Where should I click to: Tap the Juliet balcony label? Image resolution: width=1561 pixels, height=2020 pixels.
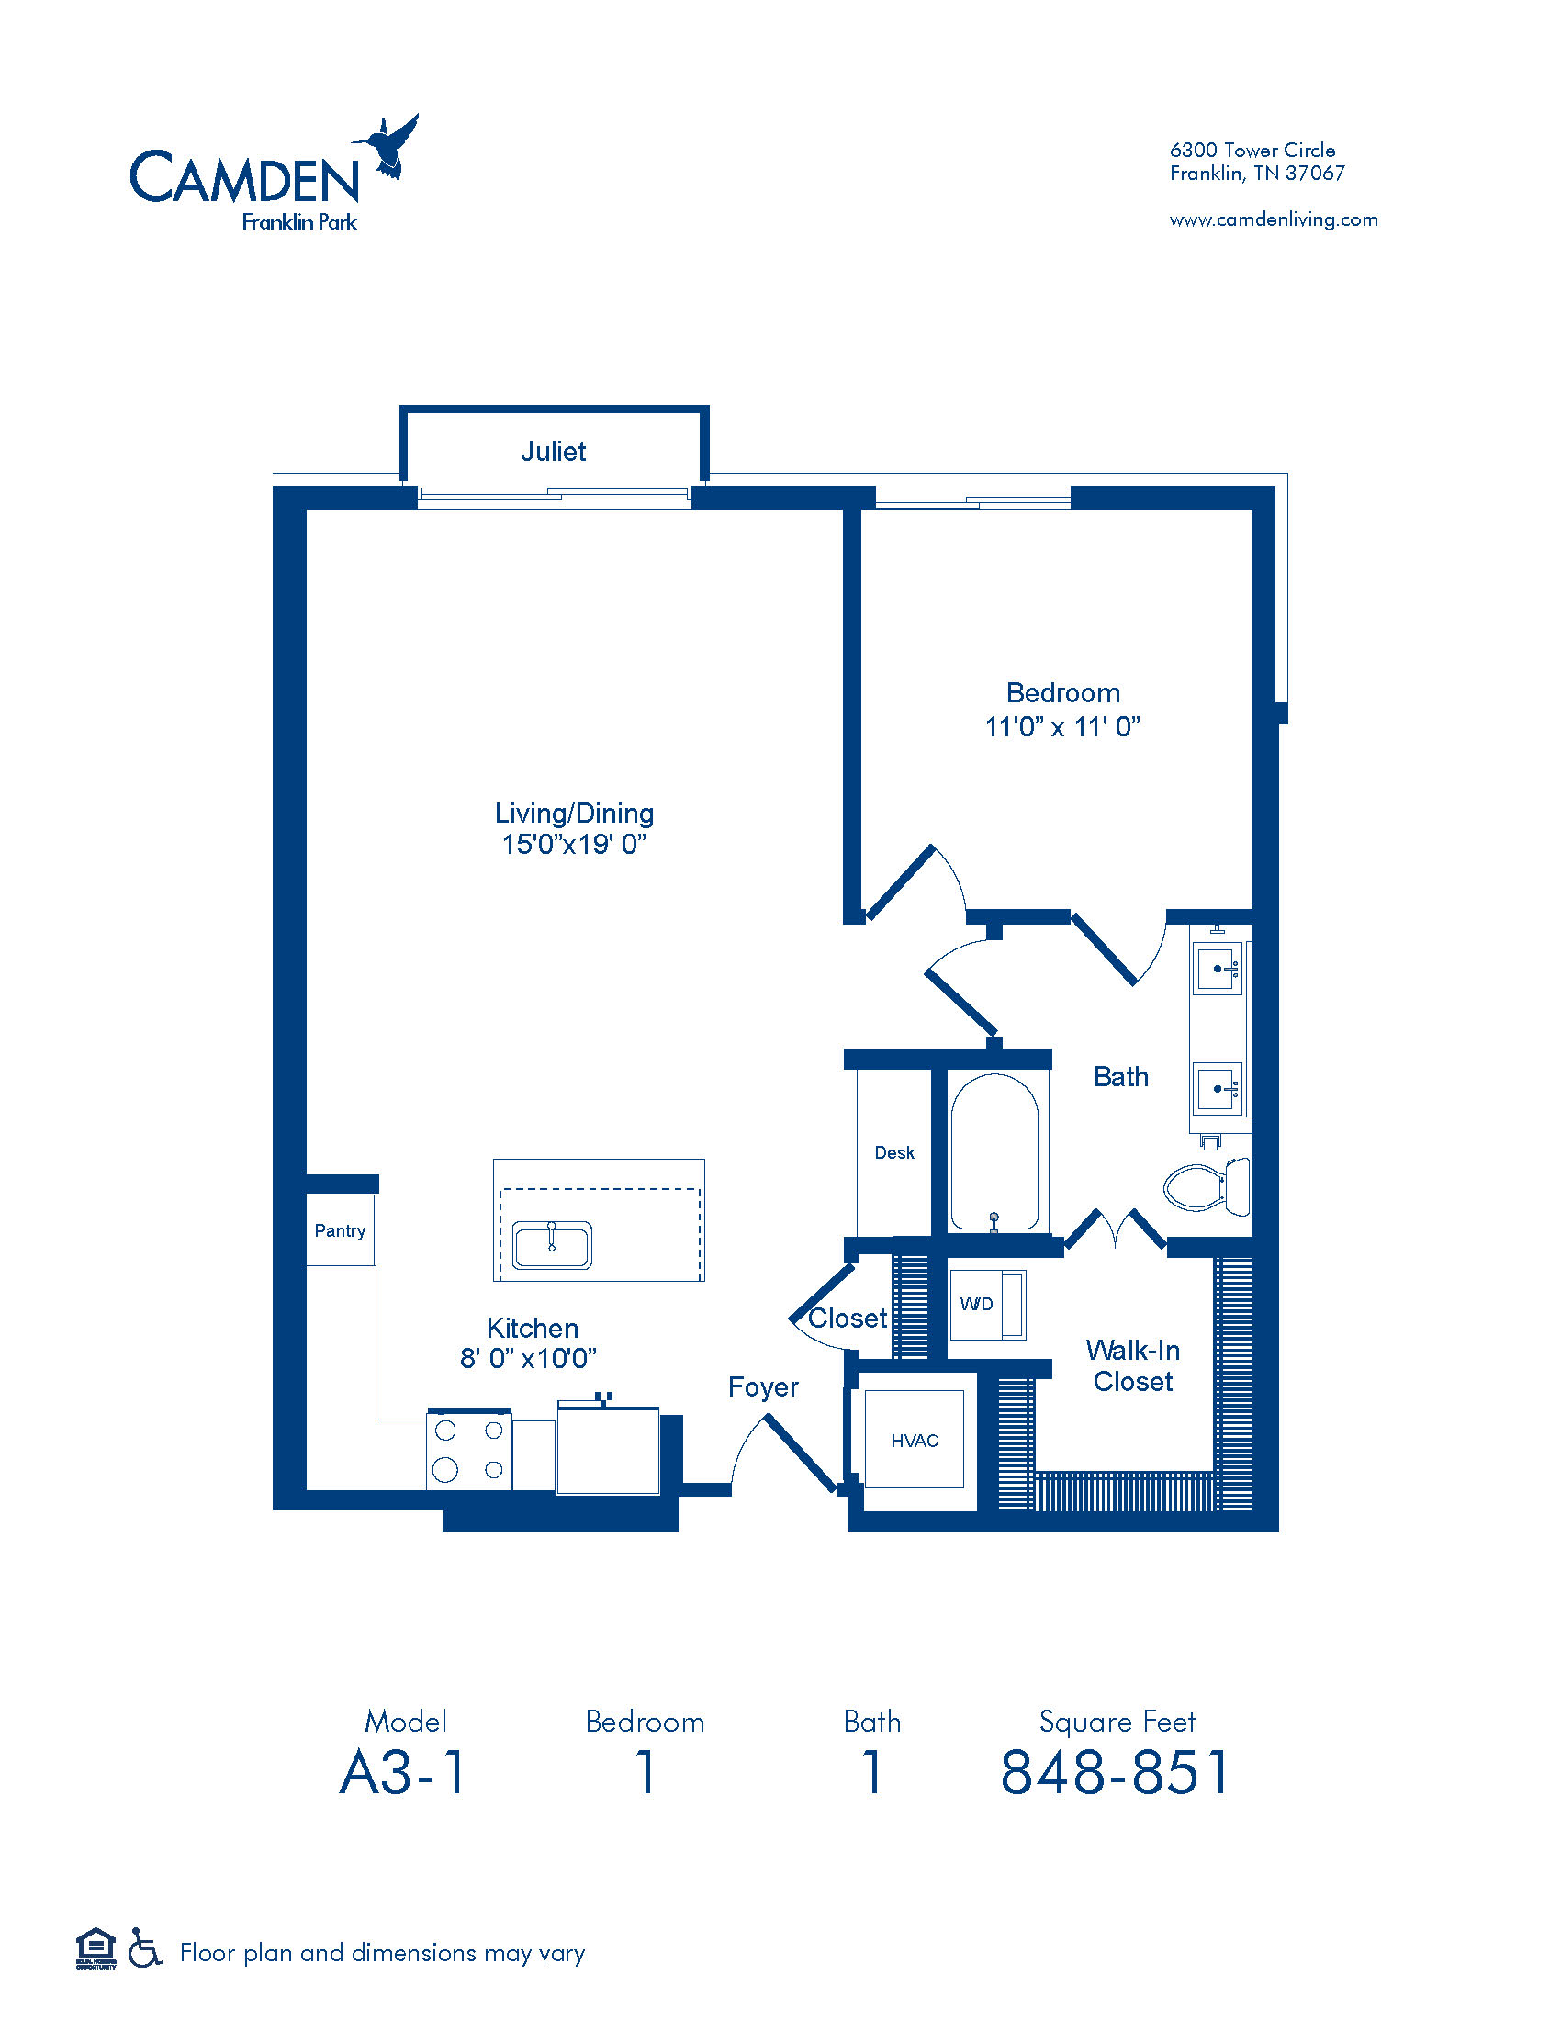pyautogui.click(x=553, y=452)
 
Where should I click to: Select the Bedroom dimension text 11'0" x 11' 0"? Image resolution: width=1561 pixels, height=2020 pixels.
pyautogui.click(x=1061, y=727)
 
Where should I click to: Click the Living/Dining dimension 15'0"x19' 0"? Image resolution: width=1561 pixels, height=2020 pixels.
pyautogui.click(x=573, y=845)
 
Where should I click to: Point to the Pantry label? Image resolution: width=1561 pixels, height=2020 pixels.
pyautogui.click(x=340, y=1231)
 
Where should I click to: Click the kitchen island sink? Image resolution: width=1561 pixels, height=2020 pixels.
pyautogui.click(x=552, y=1245)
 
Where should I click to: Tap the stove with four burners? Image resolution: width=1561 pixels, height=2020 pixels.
pyautogui.click(x=469, y=1449)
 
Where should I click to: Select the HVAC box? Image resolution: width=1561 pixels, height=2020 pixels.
pyautogui.click(x=914, y=1441)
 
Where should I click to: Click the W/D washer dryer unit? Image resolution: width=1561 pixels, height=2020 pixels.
pyautogui.click(x=986, y=1304)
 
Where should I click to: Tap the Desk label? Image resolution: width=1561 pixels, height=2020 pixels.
pyautogui.click(x=894, y=1152)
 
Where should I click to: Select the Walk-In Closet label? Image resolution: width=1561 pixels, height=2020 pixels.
pyautogui.click(x=1132, y=1366)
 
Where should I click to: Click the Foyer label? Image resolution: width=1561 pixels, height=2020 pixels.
pyautogui.click(x=763, y=1387)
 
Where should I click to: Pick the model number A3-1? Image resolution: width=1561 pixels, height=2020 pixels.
pyautogui.click(x=404, y=1772)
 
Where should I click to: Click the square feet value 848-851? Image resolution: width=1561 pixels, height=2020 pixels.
pyautogui.click(x=1117, y=1772)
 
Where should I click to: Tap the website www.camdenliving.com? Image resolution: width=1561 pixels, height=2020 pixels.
pyautogui.click(x=1274, y=220)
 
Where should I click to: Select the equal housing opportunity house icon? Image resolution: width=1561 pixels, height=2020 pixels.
pyautogui.click(x=95, y=1947)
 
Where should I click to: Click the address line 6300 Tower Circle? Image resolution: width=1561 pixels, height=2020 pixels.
pyautogui.click(x=1252, y=150)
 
